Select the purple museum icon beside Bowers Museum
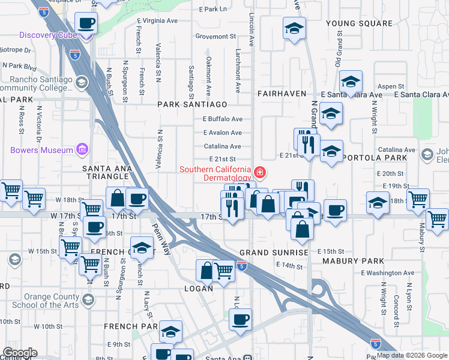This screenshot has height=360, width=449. (x=83, y=149)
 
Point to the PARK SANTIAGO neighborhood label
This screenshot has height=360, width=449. (x=193, y=104)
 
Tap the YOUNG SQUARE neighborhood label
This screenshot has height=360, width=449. (x=359, y=23)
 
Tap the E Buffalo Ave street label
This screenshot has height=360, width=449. (x=222, y=119)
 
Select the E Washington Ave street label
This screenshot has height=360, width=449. (x=387, y=273)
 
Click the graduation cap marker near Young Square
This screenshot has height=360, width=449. (x=294, y=29)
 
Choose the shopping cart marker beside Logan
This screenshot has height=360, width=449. (x=224, y=271)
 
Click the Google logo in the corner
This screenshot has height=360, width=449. (x=19, y=353)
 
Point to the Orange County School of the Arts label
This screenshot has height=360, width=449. (x=48, y=301)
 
